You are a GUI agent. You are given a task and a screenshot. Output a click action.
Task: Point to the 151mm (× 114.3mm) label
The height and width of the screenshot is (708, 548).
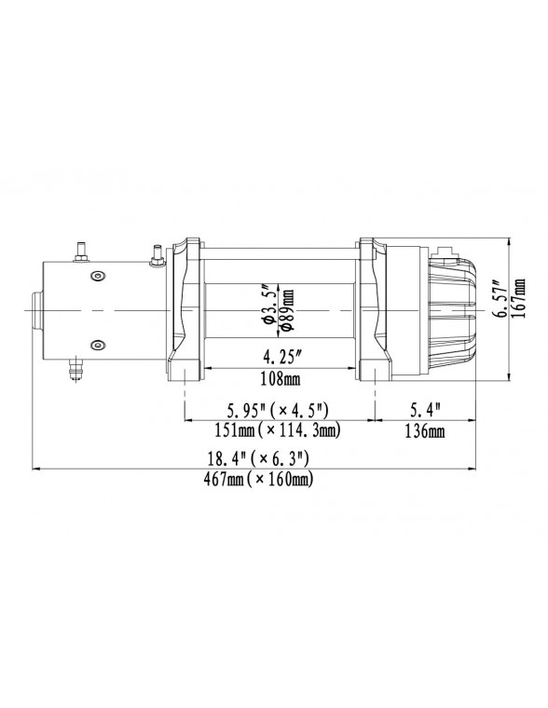coord(277,430)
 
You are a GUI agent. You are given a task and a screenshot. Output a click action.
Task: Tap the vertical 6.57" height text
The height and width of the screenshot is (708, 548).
coord(500,298)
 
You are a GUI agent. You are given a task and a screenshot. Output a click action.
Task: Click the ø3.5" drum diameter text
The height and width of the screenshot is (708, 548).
coord(267,308)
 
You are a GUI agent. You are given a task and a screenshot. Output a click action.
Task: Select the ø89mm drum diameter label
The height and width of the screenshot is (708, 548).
coord(287,308)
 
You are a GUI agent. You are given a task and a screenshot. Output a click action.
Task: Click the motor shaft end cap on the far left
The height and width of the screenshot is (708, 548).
coord(34,309)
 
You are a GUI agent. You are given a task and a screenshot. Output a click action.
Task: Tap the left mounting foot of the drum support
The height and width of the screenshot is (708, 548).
coord(185,373)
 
